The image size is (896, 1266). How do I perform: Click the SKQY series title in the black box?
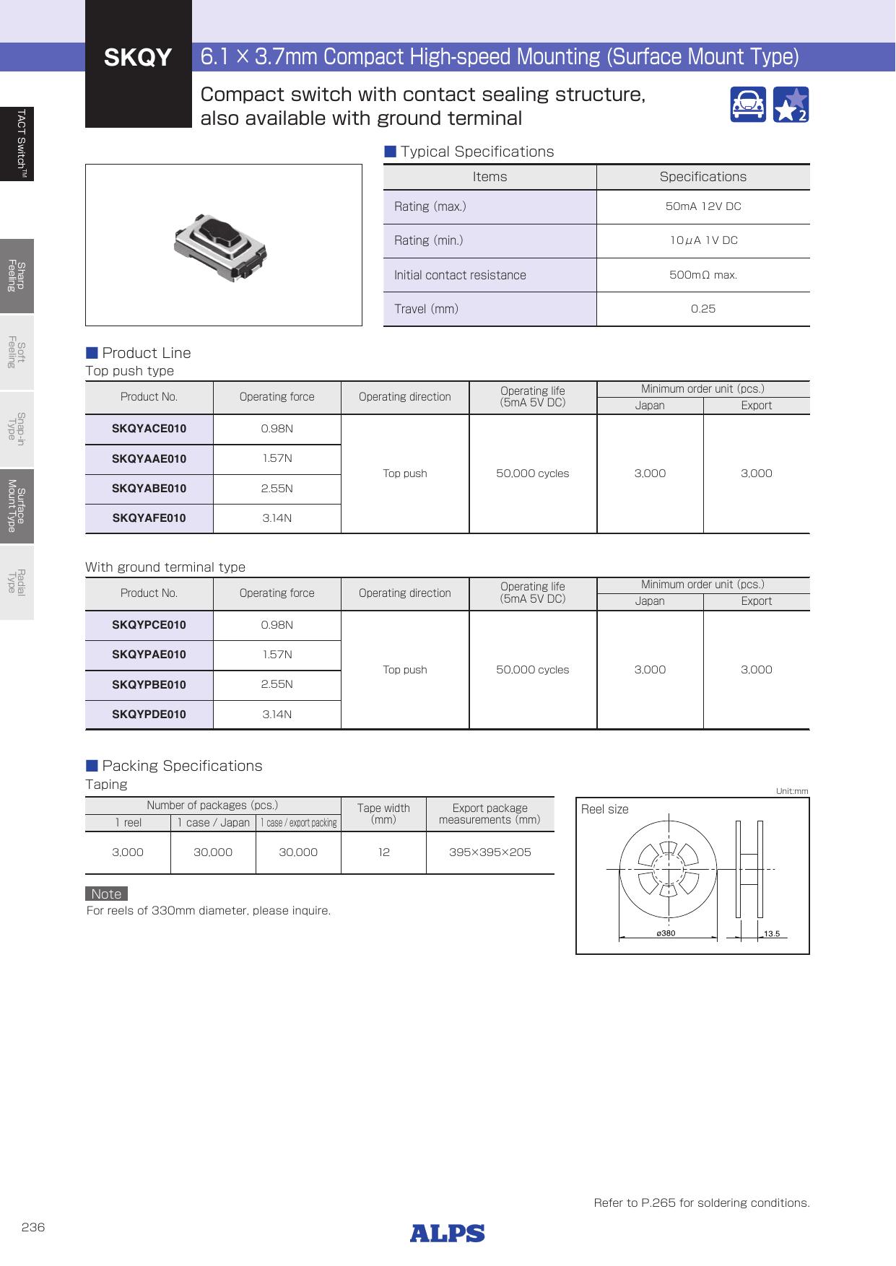pos(138,58)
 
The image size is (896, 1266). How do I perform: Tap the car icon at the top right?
pos(747,105)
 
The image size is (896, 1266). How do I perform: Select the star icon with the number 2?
pos(791,105)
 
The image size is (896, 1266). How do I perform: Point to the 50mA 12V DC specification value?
pos(703,206)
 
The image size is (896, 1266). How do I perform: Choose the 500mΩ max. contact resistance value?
pos(703,275)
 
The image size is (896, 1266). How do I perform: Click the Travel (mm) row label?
pos(426,309)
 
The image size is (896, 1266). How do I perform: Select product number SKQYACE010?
pos(149,429)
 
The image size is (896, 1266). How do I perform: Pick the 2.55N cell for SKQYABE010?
pos(277,489)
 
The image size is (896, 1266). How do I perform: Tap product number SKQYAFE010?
pos(149,518)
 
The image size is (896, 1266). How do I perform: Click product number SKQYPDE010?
pos(149,715)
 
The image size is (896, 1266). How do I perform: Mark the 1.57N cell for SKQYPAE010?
pos(277,655)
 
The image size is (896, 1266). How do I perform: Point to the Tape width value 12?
pos(383,852)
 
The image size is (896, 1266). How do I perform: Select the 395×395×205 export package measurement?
pos(490,852)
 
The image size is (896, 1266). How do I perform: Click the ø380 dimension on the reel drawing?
pos(666,933)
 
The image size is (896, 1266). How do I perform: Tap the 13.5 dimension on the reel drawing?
pos(771,934)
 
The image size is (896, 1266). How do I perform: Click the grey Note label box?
pos(106,894)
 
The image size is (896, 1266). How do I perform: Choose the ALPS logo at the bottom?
pos(448,1234)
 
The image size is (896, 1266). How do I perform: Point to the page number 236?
pos(33,1227)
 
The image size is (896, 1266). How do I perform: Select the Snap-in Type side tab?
pos(17,429)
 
